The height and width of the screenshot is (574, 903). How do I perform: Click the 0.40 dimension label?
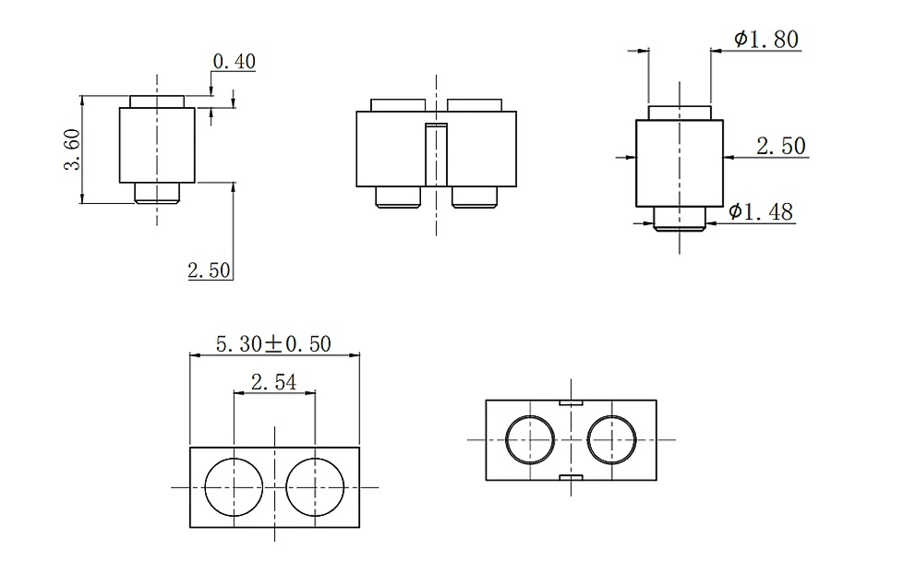coord(234,61)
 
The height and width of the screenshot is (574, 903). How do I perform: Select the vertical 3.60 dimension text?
coord(73,149)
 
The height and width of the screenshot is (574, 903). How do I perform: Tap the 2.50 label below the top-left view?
coord(209,270)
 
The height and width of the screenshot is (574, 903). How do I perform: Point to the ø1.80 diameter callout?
coord(766,39)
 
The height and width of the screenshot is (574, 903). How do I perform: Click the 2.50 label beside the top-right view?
coord(781,146)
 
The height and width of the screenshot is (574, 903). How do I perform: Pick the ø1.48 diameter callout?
coord(761,212)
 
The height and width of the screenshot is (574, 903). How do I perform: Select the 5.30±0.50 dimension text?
coord(273,343)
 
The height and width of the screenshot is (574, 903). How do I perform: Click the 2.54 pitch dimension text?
coord(274,382)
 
